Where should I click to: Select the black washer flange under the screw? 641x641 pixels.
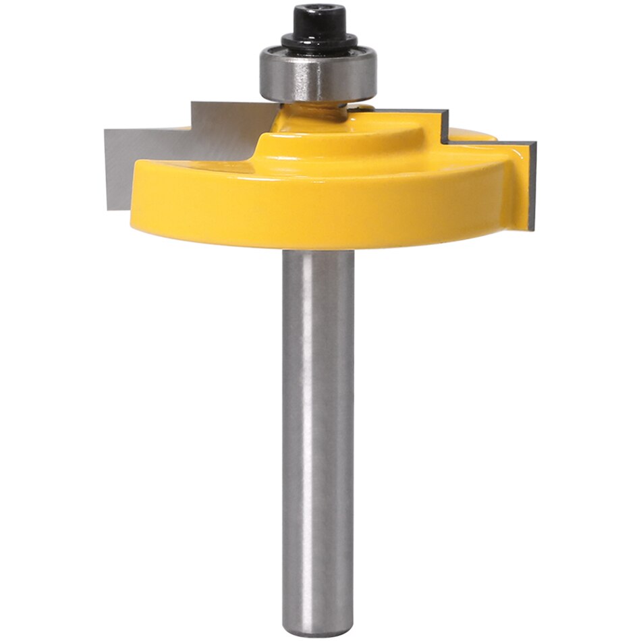[318, 41]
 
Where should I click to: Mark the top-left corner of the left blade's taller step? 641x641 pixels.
[192, 103]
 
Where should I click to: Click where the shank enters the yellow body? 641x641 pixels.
[318, 251]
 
